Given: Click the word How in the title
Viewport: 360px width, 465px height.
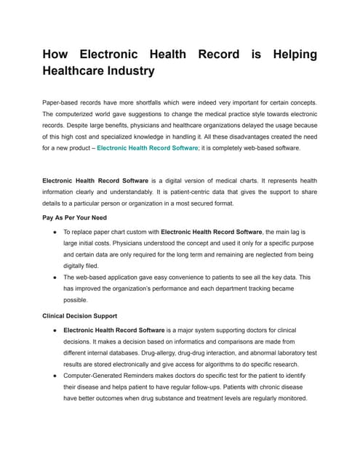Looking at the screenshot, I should pyautogui.click(x=58, y=54).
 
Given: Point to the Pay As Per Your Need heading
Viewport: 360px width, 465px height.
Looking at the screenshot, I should pyautogui.click(x=74, y=217).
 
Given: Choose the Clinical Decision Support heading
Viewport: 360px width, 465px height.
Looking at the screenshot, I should pyautogui.click(x=80, y=316).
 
